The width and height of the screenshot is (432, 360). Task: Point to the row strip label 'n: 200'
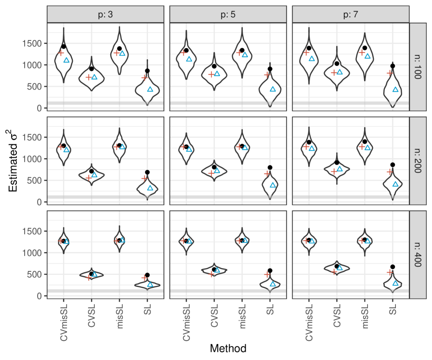point(417,160)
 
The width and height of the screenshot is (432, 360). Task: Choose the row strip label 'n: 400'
point(417,254)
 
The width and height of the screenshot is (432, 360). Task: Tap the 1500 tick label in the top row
point(32,44)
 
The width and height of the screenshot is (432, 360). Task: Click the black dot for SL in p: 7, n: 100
point(393,66)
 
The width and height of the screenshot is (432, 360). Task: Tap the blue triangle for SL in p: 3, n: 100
point(150,89)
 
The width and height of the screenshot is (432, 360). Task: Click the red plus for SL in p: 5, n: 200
point(267,174)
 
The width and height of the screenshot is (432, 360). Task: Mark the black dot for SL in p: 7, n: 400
point(393,267)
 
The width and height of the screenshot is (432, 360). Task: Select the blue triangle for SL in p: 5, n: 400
point(273,283)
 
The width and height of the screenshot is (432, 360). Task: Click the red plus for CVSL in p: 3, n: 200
point(89,178)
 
